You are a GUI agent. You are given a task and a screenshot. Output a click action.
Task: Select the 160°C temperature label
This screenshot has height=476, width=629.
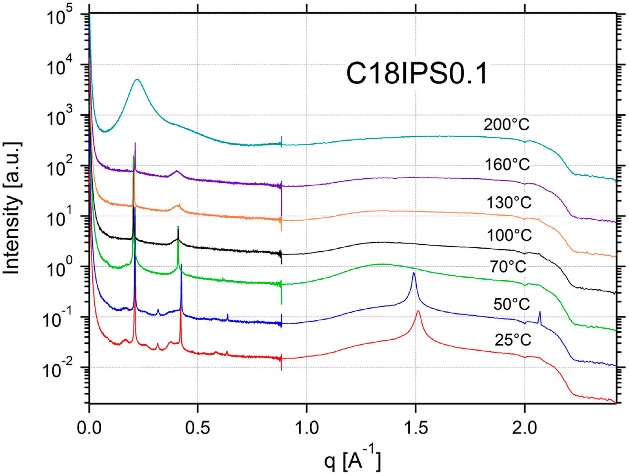[507, 164]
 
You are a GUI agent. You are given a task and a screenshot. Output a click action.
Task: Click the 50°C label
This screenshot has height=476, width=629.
[512, 304]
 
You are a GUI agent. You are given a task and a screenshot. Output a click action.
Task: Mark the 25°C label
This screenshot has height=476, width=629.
[513, 340]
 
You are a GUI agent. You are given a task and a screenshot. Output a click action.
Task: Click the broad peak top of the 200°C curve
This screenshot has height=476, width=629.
[137, 79]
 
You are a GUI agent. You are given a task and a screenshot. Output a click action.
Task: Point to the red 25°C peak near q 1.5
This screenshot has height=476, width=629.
[418, 311]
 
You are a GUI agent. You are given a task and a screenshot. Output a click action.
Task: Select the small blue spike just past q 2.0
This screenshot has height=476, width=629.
[539, 312]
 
